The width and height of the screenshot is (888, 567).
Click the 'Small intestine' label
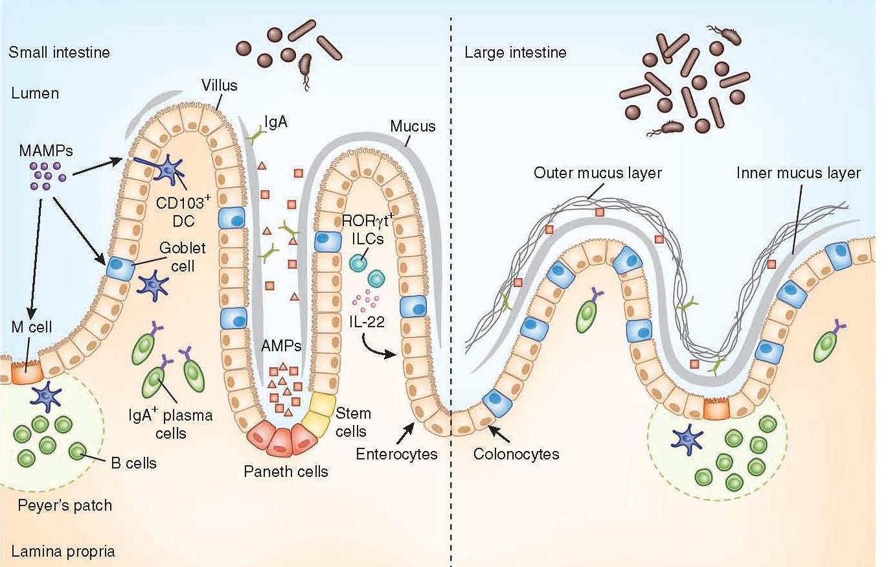(59, 52)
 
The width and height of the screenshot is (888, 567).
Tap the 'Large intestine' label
(515, 52)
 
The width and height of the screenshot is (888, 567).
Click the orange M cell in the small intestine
(25, 372)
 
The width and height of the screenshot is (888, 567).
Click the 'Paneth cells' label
(286, 471)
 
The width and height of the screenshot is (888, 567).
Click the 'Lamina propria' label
(63, 551)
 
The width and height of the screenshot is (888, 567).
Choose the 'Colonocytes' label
(516, 454)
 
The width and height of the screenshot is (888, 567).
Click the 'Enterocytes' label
(396, 454)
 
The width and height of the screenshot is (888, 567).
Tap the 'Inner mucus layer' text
(799, 174)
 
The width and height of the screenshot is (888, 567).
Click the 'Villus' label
(219, 85)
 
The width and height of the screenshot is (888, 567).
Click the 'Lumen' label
(35, 93)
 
